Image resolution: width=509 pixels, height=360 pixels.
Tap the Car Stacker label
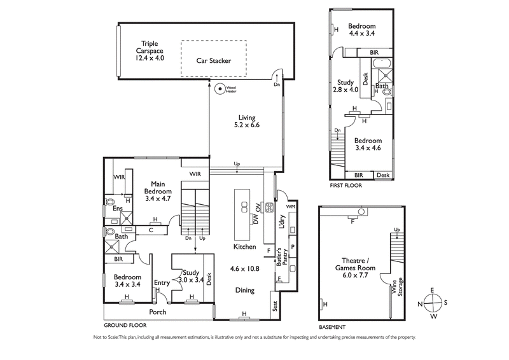[213, 61]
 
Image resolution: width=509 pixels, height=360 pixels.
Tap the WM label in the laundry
[291, 207]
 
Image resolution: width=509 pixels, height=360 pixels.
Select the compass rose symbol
[432, 302]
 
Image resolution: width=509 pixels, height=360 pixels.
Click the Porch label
[158, 312]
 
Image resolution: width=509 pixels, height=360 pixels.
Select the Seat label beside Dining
[275, 306]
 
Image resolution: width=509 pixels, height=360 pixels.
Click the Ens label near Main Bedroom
[118, 209]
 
